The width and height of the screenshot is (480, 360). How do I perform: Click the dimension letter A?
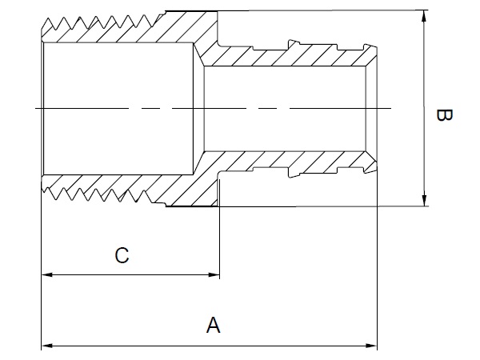[213, 325]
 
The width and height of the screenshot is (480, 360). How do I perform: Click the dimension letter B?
[444, 115]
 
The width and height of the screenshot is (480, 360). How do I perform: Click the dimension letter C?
[122, 255]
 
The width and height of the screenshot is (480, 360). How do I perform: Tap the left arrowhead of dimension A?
[46, 346]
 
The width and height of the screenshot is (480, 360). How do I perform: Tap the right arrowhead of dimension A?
[372, 346]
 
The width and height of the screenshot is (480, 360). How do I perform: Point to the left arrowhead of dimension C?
[46, 274]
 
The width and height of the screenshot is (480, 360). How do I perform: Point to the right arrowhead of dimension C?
[214, 274]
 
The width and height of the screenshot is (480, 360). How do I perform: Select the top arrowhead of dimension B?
[424, 16]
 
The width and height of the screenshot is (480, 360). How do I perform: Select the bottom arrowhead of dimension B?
[424, 201]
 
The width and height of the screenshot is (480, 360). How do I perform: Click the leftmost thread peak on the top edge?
[48, 19]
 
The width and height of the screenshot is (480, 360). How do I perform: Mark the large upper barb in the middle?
[294, 43]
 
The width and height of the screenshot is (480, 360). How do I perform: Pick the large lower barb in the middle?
[294, 174]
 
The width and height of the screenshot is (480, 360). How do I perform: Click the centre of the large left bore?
[118, 108]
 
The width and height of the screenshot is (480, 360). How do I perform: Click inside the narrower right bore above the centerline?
[285, 87]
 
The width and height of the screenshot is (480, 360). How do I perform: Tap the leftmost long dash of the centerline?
[82, 108]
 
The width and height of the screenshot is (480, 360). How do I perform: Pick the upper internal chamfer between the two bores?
[199, 54]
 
